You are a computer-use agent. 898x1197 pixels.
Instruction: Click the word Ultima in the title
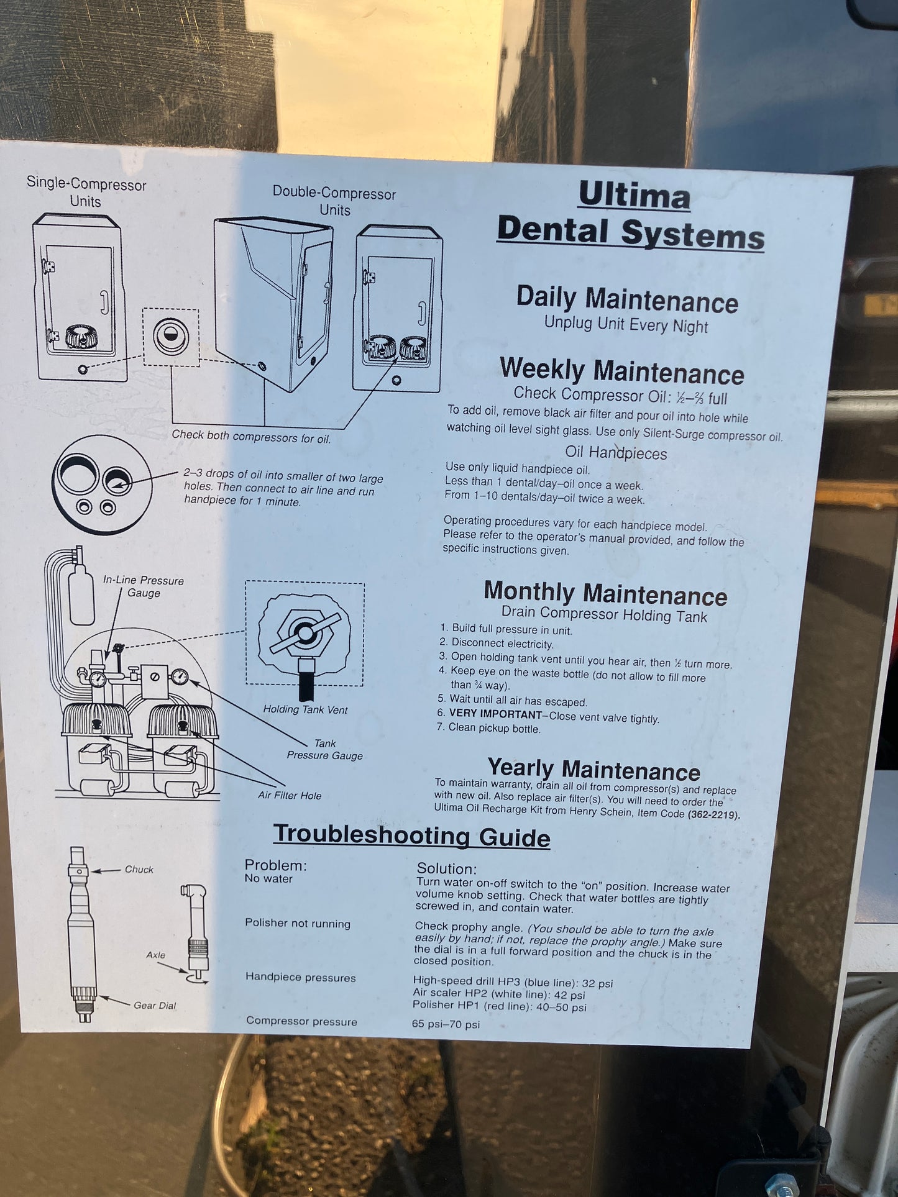coord(634,196)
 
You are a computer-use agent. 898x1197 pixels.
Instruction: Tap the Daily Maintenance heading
coord(627,299)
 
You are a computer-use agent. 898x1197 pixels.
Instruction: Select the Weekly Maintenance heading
coord(622,371)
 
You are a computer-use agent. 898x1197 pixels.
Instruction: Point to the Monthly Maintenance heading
coord(605,593)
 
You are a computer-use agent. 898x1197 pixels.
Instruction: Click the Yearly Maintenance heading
coord(593,769)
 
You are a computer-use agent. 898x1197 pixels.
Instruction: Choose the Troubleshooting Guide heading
coord(411,835)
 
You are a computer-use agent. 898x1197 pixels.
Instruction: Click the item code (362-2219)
coord(713,814)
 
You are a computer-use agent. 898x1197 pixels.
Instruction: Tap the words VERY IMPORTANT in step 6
coord(495,714)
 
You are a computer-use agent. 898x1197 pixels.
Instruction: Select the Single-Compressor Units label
coord(86,192)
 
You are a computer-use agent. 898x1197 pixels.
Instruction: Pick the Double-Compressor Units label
coord(334,201)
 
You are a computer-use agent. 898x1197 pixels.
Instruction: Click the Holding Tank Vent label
coord(305,709)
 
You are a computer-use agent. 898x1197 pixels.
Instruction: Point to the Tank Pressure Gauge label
coord(324,749)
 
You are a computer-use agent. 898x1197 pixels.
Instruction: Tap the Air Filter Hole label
coord(290,795)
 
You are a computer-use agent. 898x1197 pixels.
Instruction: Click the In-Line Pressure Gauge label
coord(144,586)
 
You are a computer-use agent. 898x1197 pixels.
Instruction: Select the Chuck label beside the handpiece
coord(139,869)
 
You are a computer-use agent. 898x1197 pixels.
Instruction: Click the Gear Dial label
coord(155,1005)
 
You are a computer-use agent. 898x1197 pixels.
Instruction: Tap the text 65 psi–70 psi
coord(446,1024)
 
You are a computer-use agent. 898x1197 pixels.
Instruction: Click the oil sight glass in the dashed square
coord(170,336)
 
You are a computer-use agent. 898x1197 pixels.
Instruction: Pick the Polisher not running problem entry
coord(298,923)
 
